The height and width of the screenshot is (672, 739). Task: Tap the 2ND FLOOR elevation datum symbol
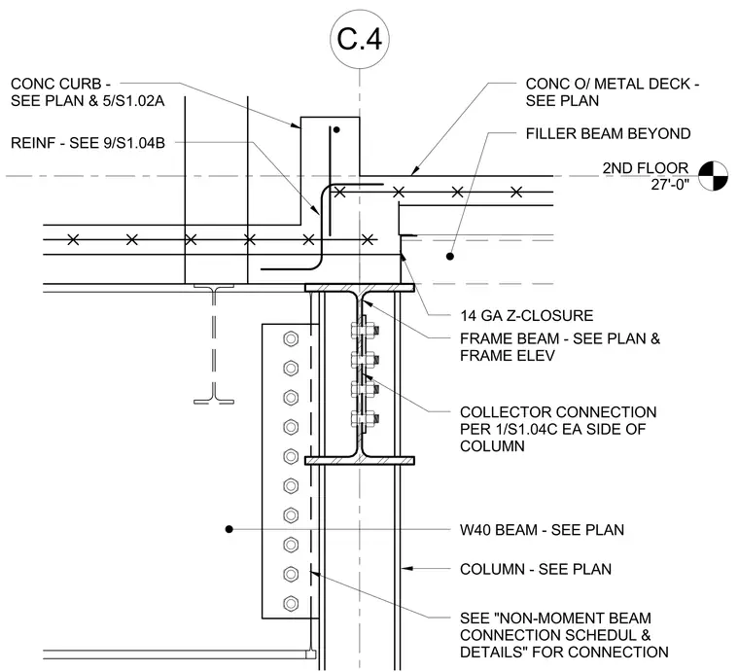pyautogui.click(x=713, y=176)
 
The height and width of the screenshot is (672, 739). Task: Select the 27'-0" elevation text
pyautogui.click(x=670, y=185)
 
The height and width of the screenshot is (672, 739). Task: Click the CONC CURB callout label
pyautogui.click(x=88, y=92)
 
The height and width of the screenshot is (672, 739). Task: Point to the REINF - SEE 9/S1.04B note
pyautogui.click(x=88, y=143)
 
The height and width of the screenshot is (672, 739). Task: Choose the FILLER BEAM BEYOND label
pyautogui.click(x=608, y=134)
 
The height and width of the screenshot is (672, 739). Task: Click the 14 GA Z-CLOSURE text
pyautogui.click(x=526, y=316)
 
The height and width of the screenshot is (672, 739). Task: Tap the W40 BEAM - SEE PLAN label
pyautogui.click(x=542, y=530)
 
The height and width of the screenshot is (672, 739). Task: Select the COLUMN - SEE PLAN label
pyautogui.click(x=536, y=569)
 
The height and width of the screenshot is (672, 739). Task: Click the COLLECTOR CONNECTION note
pyautogui.click(x=558, y=429)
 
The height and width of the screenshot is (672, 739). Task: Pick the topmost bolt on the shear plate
pyautogui.click(x=291, y=338)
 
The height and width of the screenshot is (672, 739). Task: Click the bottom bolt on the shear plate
pyautogui.click(x=291, y=604)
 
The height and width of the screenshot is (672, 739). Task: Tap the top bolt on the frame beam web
pyautogui.click(x=365, y=331)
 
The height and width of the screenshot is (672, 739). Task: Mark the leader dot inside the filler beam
pyautogui.click(x=450, y=257)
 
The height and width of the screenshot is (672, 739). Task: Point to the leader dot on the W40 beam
pyautogui.click(x=229, y=529)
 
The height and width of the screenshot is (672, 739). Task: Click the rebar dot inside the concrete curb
pyautogui.click(x=336, y=129)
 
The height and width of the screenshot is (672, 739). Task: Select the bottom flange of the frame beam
pyautogui.click(x=360, y=460)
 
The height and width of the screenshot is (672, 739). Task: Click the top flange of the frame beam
pyautogui.click(x=360, y=288)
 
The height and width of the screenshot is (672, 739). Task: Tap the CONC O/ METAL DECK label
pyautogui.click(x=613, y=92)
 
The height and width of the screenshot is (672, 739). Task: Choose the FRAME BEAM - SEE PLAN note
pyautogui.click(x=560, y=347)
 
